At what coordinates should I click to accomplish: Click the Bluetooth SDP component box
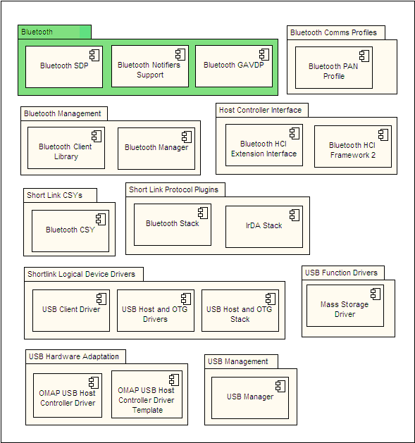64,67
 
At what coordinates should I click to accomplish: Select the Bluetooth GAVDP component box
234,66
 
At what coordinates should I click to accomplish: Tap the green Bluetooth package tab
54,32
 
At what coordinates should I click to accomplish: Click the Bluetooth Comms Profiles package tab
336,33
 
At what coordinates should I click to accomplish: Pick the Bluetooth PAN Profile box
334,68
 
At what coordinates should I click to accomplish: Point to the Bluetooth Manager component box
156,149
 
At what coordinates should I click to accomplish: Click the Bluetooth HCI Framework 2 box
353,146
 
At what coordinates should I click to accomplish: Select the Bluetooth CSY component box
70,231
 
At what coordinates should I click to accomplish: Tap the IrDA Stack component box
264,227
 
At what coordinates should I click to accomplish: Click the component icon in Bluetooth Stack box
203,213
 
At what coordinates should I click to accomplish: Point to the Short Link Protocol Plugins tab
175,189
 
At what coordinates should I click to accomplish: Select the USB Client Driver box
71,311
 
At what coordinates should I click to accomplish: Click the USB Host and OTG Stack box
240,311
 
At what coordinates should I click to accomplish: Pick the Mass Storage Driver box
345,306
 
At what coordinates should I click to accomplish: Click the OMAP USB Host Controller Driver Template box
147,394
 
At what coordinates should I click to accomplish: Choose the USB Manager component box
250,398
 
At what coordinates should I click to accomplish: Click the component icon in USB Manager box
280,386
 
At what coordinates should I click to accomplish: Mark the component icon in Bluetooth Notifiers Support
180,54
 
